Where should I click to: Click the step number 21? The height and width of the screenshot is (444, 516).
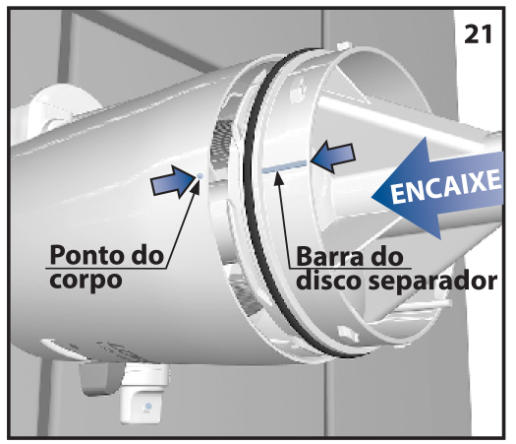pyautogui.click(x=478, y=34)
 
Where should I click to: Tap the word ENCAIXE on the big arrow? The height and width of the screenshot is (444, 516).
pyautogui.click(x=446, y=186)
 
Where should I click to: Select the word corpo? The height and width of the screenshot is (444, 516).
pyautogui.click(x=86, y=281)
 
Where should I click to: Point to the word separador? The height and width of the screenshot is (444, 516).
pyautogui.click(x=433, y=282)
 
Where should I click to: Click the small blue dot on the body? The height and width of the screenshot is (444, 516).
pyautogui.click(x=200, y=176)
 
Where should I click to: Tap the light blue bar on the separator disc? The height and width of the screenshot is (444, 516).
pyautogui.click(x=285, y=166)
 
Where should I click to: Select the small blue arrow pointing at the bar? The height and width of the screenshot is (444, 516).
pyautogui.click(x=333, y=157)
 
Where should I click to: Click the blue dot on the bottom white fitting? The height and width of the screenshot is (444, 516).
pyautogui.click(x=148, y=406)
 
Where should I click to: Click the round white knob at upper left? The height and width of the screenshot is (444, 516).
pyautogui.click(x=58, y=108)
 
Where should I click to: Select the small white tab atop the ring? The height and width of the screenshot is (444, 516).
pyautogui.click(x=343, y=45)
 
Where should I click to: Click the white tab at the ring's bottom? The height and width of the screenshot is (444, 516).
pyautogui.click(x=348, y=333)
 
